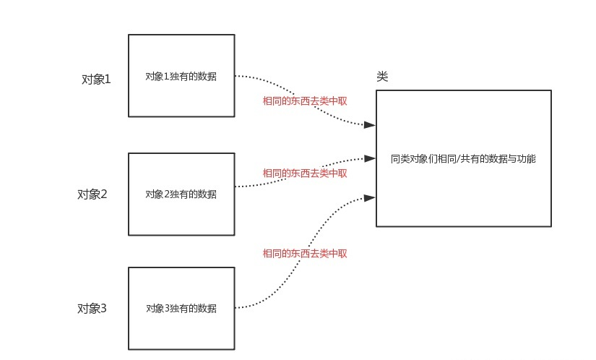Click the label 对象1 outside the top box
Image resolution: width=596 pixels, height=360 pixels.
96,80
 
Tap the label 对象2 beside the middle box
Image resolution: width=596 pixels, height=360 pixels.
92,194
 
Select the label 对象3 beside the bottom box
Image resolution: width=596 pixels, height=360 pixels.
92,309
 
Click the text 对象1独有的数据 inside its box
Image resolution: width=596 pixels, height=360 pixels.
181,77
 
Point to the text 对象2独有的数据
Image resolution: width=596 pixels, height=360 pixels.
181,194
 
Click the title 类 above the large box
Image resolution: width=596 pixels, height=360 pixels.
382,77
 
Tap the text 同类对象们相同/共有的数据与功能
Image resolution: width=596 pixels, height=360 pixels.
462,158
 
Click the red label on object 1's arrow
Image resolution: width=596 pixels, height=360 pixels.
304,101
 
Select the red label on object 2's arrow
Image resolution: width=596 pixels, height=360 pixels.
304,173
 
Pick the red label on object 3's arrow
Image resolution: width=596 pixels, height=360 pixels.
304,254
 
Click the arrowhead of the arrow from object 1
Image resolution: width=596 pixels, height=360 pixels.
369,125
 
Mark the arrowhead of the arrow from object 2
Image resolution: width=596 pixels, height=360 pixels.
369,157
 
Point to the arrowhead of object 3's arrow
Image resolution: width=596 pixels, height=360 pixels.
369,197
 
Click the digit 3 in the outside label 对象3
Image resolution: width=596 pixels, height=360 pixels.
103,309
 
